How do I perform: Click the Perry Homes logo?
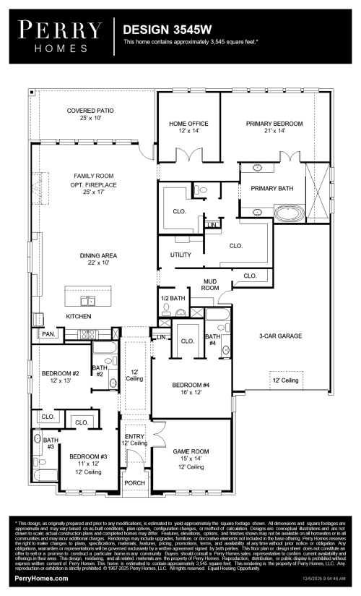pos(60,35)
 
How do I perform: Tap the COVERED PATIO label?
pos(90,111)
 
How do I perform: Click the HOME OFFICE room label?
pos(188,124)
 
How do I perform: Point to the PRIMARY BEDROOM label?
pos(274,124)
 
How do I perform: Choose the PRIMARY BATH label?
pos(272,188)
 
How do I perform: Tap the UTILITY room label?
pos(180,255)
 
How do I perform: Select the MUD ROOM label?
pos(210,284)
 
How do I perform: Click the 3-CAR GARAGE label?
pos(280,336)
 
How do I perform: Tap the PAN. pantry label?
pos(48,335)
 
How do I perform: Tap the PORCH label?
pos(135,482)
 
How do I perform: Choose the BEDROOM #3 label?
pos(88,456)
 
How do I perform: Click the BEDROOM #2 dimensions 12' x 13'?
pos(56,380)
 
